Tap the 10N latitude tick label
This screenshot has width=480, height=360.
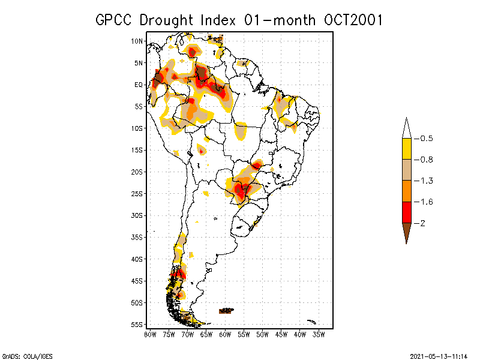point(137,41)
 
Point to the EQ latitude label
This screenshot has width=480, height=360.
point(138,85)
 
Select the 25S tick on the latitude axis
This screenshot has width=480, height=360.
point(137,193)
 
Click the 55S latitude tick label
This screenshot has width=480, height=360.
point(137,324)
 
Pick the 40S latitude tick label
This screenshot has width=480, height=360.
point(137,259)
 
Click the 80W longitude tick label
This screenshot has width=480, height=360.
point(150,334)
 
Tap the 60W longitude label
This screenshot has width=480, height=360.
point(225,334)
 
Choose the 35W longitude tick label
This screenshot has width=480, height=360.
point(319,334)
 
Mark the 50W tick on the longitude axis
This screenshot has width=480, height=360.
point(262,334)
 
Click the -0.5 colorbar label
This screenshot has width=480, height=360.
point(426,139)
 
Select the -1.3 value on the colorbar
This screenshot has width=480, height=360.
point(426,181)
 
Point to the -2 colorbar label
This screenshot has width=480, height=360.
point(422,223)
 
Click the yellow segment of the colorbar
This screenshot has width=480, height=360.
point(406,149)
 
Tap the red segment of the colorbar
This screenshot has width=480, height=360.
point(406,212)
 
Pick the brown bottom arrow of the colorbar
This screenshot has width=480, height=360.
point(406,230)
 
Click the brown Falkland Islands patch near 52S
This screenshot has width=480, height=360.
point(226,310)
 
